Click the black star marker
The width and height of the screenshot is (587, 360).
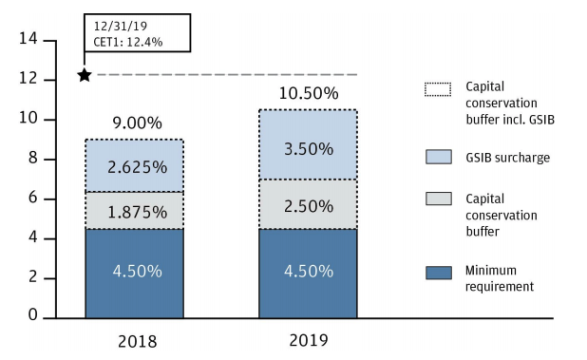[85, 74]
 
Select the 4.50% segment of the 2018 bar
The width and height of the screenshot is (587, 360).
[134, 272]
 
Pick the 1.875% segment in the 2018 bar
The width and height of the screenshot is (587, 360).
[134, 210]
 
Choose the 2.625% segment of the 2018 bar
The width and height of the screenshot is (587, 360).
[134, 166]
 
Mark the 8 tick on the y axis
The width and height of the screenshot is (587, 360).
[32, 159]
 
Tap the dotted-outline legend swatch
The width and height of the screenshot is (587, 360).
[438, 90]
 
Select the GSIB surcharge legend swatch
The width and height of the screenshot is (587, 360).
[438, 157]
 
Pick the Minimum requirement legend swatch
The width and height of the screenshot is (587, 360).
[438, 273]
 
